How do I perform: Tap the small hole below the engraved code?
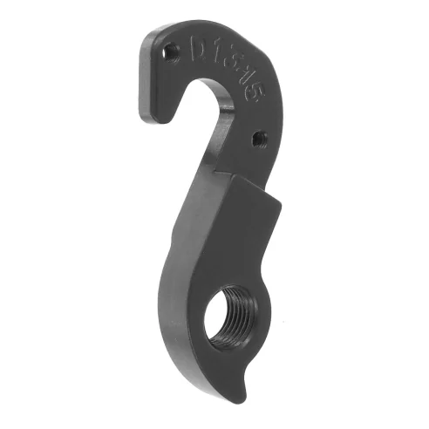[259, 137]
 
